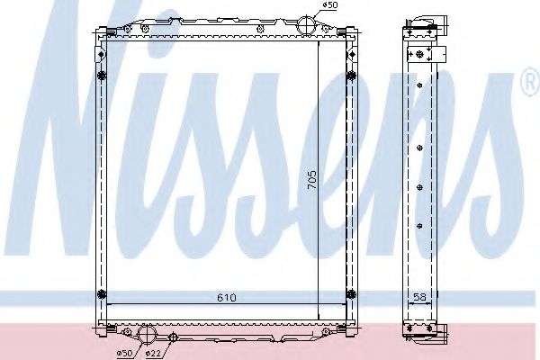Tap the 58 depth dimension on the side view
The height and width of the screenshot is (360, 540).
(420, 296)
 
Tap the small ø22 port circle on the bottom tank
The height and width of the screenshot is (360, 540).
(174, 337)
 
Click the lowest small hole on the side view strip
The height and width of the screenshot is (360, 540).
(420, 225)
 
